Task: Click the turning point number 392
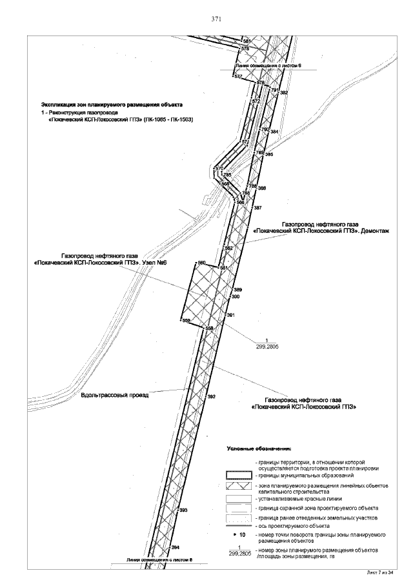[210, 396]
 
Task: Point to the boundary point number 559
[186, 321]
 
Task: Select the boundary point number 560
[201, 263]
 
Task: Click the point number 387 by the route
[257, 208]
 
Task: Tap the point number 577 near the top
[238, 77]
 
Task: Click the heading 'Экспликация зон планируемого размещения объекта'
[112, 105]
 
